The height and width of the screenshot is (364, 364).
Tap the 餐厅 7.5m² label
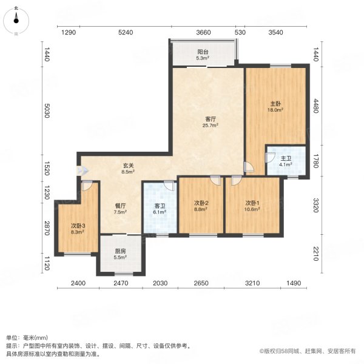pos(120,209)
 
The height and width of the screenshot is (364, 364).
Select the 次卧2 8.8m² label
pos(201,206)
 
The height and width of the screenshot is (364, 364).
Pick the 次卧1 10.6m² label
pos(252,206)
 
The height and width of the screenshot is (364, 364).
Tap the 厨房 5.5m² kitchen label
pos(121,255)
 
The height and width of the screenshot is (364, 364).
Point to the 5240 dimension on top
pos(126,32)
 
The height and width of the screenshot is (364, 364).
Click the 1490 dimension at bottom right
pos(294,283)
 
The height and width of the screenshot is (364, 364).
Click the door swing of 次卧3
pos(87,187)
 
